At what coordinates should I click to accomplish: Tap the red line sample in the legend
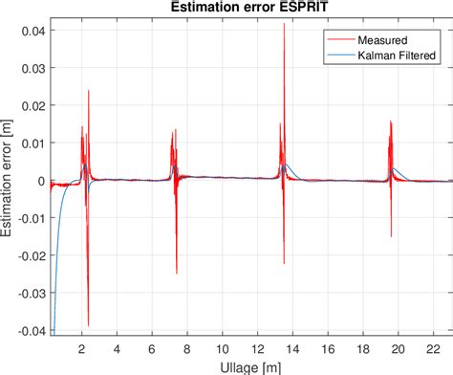(x=338, y=41)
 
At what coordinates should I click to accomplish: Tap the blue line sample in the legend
(x=338, y=56)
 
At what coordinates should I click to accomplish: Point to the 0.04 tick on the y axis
(x=32, y=31)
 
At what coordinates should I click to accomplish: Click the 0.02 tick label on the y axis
(x=32, y=106)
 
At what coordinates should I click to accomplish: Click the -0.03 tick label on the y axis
(x=29, y=294)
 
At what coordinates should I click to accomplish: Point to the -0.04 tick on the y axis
(x=29, y=331)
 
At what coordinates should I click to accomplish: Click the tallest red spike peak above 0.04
(x=284, y=24)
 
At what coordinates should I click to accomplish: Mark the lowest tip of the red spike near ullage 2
(x=88, y=325)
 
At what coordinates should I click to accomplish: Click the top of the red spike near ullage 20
(x=390, y=121)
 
